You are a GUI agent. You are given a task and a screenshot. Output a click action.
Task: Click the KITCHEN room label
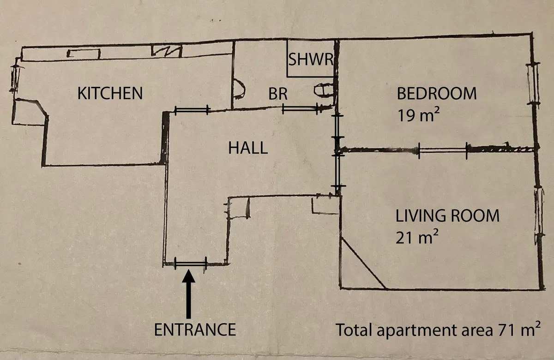click(110, 93)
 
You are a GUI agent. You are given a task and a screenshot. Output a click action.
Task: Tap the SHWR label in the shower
click(311, 60)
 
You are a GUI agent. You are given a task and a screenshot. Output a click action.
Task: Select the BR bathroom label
click(278, 94)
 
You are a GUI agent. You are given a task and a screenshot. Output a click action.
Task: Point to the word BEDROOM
click(437, 93)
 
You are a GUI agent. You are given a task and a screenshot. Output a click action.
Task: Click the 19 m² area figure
click(418, 114)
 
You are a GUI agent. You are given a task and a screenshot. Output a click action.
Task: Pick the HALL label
click(248, 148)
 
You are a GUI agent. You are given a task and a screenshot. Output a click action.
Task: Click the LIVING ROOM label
click(447, 216)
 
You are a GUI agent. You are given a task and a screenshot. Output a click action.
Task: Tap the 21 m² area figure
click(417, 236)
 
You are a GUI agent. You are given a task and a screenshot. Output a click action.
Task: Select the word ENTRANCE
click(195, 330)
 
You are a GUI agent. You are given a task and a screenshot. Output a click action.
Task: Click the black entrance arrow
click(188, 294)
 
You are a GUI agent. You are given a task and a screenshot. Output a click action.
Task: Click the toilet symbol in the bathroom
click(324, 90)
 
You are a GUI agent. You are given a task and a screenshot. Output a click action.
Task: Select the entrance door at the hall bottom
click(191, 263)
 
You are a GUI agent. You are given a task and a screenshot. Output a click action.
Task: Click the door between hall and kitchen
click(192, 110)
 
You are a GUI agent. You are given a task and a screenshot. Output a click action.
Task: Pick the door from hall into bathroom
click(300, 109)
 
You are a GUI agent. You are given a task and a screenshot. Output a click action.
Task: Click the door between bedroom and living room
click(443, 150)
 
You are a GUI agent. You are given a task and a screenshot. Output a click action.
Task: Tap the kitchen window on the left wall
click(15, 78)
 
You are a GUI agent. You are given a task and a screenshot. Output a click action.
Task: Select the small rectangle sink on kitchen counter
click(84, 54)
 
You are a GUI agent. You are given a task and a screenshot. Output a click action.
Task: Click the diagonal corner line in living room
click(363, 263)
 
